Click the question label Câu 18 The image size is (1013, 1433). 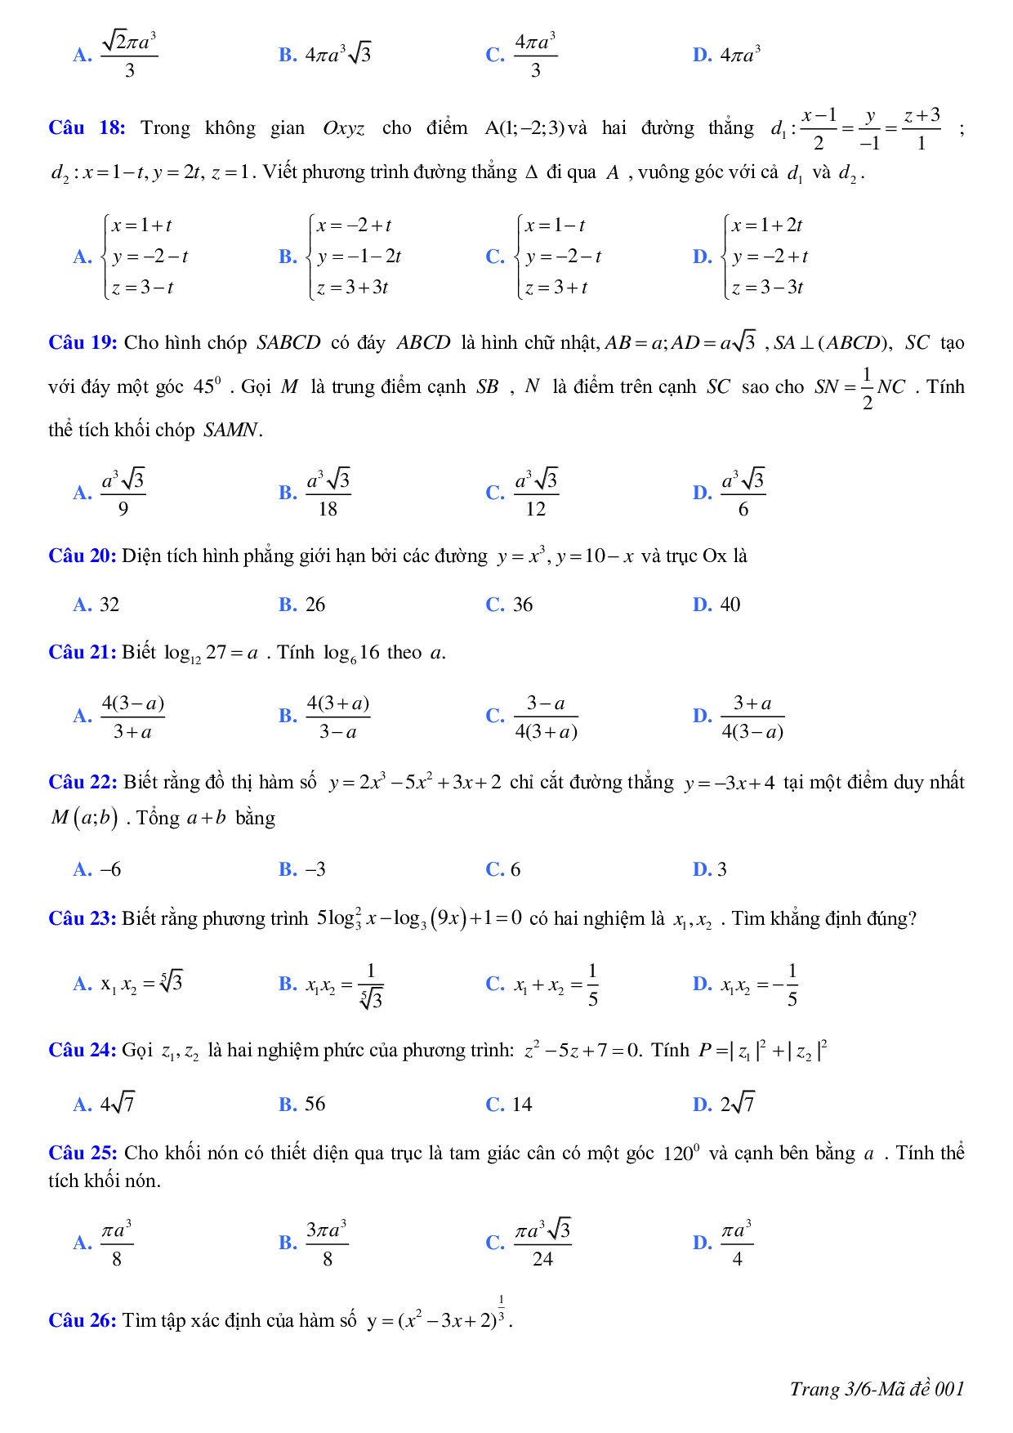87,127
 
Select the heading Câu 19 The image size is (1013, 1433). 83,342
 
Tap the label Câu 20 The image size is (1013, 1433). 83,556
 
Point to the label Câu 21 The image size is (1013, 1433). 83,653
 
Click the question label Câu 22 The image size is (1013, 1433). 83,783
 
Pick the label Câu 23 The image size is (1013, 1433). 83,919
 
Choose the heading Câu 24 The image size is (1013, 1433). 83,1051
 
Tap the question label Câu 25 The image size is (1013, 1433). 83,1154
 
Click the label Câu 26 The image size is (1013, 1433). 83,1320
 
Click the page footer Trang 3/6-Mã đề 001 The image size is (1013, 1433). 877,1389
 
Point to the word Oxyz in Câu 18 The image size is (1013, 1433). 344,128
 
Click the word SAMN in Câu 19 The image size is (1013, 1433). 232,431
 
